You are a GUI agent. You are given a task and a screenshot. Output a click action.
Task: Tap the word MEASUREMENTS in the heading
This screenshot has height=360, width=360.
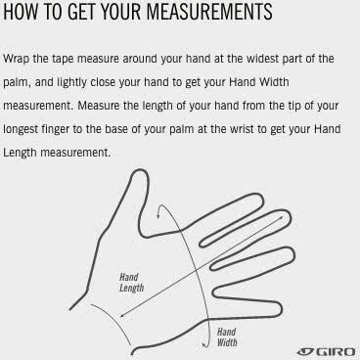209,12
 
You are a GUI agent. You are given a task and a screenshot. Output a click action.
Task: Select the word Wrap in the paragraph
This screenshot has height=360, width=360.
16,60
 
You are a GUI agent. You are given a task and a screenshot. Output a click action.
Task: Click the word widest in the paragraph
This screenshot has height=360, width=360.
262,59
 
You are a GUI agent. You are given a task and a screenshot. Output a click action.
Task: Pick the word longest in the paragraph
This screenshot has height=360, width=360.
21,130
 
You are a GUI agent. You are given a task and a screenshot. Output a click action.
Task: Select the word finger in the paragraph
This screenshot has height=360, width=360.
56,130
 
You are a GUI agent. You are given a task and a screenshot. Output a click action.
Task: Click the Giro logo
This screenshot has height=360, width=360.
326,351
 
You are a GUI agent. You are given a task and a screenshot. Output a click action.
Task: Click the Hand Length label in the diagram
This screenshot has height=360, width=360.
131,283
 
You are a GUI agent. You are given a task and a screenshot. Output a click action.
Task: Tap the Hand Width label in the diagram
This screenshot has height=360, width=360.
227,337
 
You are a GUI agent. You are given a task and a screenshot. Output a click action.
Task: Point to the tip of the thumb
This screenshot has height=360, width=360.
140,170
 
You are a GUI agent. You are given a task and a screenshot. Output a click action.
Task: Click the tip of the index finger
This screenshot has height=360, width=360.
260,197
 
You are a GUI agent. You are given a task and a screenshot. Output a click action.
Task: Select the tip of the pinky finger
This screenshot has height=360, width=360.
280,308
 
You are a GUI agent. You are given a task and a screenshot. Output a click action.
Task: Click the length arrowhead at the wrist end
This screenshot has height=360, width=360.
121,315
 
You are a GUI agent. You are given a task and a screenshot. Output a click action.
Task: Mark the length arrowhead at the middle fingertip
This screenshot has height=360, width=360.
282,217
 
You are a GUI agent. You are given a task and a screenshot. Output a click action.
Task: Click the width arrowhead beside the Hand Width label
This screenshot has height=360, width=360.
204,344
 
